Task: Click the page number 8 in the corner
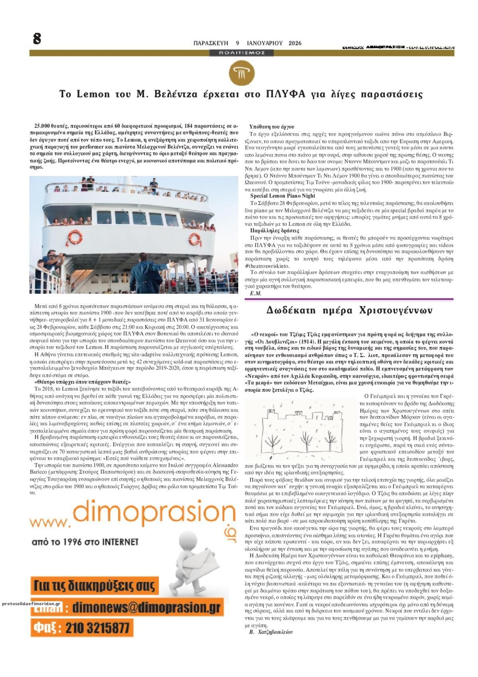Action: tap(37, 39)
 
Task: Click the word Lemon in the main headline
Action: tap(93, 95)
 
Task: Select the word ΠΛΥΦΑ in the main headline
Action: tap(285, 95)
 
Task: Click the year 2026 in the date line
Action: tap(295, 43)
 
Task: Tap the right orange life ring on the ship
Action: tap(195, 239)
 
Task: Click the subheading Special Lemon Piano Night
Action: tap(282, 196)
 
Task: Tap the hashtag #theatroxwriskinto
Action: tap(268, 266)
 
